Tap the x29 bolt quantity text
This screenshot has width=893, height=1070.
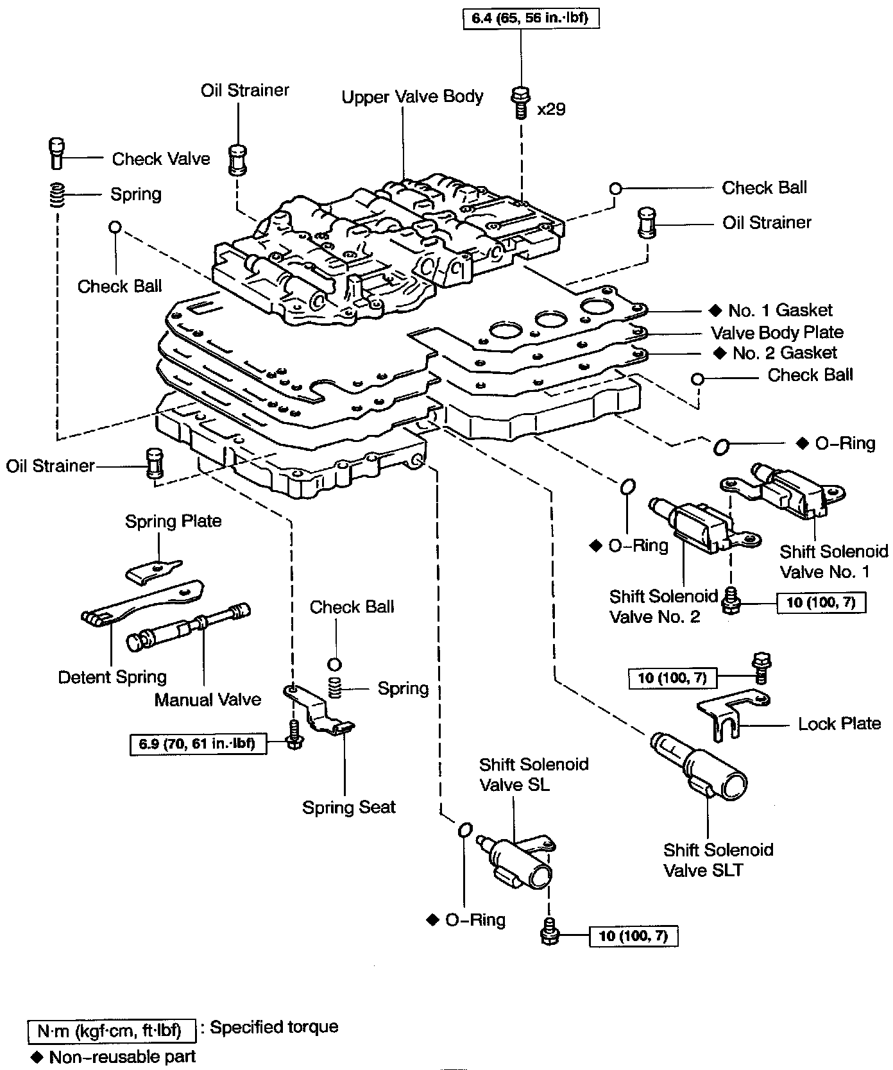click(x=551, y=109)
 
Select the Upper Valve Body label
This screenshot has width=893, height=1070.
click(x=412, y=97)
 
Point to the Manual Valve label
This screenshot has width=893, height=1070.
click(x=208, y=699)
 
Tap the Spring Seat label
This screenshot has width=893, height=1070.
click(x=349, y=807)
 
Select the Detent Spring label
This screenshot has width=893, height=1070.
click(x=112, y=677)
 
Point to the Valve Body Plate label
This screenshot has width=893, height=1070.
click(x=777, y=332)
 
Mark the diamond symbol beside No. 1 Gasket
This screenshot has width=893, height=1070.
click(x=715, y=311)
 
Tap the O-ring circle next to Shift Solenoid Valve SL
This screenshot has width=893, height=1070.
click(x=465, y=830)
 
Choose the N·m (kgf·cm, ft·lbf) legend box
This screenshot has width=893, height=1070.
click(x=112, y=1031)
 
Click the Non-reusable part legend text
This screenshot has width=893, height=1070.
click(x=122, y=1057)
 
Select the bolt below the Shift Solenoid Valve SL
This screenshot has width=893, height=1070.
click(x=549, y=931)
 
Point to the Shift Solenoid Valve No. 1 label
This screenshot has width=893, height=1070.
click(x=833, y=561)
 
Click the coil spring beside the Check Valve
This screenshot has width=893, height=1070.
click(x=58, y=194)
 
